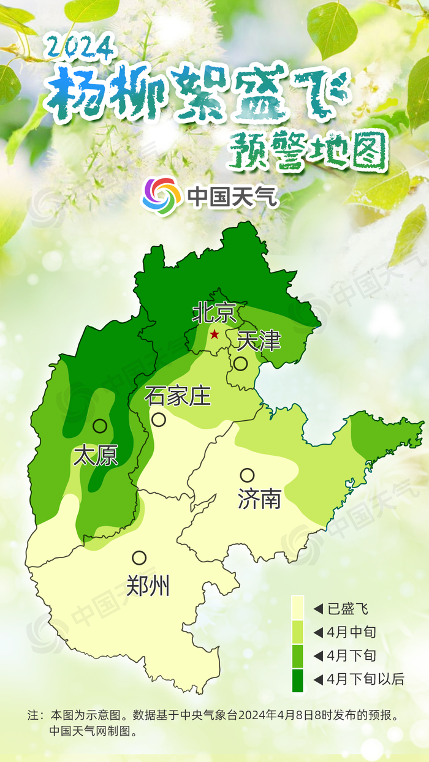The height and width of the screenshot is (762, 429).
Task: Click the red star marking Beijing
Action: pyautogui.click(x=214, y=334)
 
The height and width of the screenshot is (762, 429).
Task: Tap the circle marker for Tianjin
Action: pyautogui.click(x=240, y=364)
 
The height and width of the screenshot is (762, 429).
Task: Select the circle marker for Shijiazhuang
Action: pyautogui.click(x=159, y=420)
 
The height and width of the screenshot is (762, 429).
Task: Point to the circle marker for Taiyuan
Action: pyautogui.click(x=100, y=426)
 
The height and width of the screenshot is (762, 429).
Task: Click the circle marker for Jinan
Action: pyautogui.click(x=247, y=475)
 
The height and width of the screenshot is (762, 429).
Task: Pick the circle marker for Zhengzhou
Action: pyautogui.click(x=139, y=558)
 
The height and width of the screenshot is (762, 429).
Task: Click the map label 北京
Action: pyautogui.click(x=214, y=314)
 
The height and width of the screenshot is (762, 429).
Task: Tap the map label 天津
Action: pyautogui.click(x=259, y=341)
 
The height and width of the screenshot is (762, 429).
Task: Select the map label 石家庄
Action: pyautogui.click(x=178, y=396)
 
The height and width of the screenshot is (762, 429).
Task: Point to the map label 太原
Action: pyautogui.click(x=96, y=456)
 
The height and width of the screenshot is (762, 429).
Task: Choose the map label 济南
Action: pyautogui.click(x=259, y=499)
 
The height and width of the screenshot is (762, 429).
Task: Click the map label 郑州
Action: pyautogui.click(x=148, y=586)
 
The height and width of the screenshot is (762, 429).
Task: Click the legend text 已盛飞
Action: pyautogui.click(x=347, y=609)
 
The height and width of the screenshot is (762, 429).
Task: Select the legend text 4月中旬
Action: pyautogui.click(x=351, y=632)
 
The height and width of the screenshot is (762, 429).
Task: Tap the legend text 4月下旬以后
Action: pyautogui.click(x=365, y=679)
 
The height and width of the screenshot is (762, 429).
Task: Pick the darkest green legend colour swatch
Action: pyautogui.click(x=298, y=680)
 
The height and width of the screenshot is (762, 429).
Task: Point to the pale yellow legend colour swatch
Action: pyautogui.click(x=298, y=608)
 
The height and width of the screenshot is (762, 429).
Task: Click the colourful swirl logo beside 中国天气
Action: pyautogui.click(x=162, y=197)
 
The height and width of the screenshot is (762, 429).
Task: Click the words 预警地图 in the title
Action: pyautogui.click(x=308, y=149)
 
